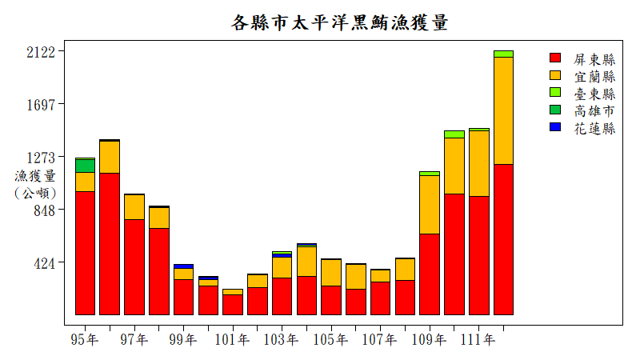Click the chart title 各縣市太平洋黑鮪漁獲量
tap(339, 22)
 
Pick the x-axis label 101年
tap(232, 340)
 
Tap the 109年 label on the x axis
tap(429, 340)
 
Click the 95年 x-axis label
tap(85, 340)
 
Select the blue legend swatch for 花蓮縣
tap(555, 127)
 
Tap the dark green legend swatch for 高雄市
tap(555, 110)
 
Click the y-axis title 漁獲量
tap(35, 176)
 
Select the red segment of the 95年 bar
tap(86, 253)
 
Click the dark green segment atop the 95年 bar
tap(86, 166)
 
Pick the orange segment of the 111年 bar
tap(478, 163)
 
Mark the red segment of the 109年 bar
tap(430, 274)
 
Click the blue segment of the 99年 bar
tap(183, 266)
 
